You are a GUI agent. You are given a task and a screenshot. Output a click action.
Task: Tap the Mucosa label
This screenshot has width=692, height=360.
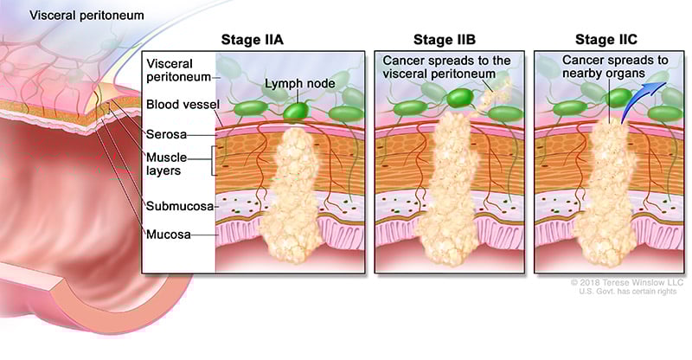[x=167, y=234]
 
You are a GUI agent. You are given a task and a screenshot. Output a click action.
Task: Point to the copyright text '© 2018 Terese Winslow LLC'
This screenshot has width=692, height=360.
[x=626, y=283]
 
